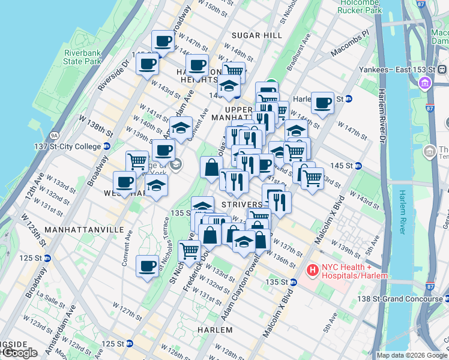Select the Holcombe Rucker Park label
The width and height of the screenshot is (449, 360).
pos(360,6)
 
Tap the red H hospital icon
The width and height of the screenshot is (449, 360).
pos(312,271)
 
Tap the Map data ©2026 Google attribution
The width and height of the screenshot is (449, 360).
pos(412,355)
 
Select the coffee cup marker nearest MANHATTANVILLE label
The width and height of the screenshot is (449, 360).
pos(147,265)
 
